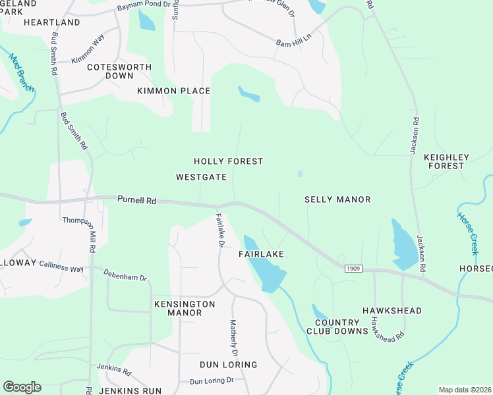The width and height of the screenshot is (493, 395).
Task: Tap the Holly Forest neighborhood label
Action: click(x=229, y=161)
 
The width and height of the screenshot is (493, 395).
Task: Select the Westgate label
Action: click(x=202, y=177)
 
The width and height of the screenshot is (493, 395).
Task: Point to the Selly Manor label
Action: click(x=337, y=199)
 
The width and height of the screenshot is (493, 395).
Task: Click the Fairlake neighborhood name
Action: click(x=262, y=253)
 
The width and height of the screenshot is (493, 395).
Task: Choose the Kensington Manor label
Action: click(x=185, y=308)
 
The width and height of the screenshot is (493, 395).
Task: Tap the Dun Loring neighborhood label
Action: click(x=229, y=365)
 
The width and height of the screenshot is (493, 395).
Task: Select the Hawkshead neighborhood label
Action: click(x=392, y=310)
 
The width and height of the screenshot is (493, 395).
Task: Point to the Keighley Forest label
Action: click(x=446, y=162)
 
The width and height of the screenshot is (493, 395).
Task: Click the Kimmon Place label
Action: click(x=174, y=91)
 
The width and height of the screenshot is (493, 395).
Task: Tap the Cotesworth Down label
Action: click(x=119, y=71)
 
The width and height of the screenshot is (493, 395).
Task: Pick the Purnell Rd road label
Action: click(x=136, y=200)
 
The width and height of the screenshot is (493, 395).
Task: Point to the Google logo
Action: click(x=22, y=386)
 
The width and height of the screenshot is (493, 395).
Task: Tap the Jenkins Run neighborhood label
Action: click(x=130, y=391)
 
